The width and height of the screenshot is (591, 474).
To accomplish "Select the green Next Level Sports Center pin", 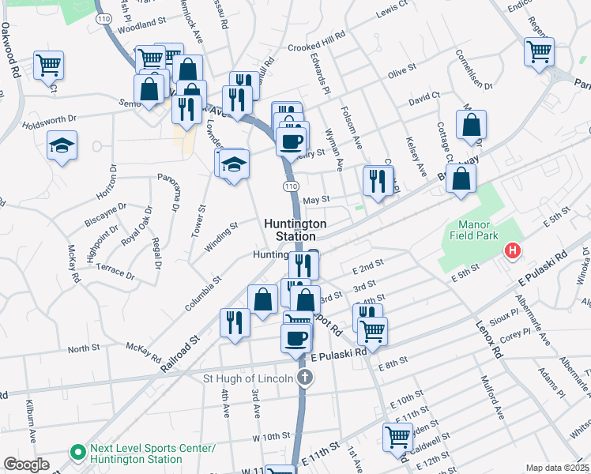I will (x=78, y=453).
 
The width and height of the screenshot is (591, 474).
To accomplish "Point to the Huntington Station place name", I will (x=290, y=230).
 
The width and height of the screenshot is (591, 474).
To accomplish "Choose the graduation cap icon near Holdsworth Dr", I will (x=62, y=146).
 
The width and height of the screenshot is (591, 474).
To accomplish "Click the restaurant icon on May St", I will (x=378, y=181).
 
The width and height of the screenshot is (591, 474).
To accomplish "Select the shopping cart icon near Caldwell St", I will (x=397, y=435).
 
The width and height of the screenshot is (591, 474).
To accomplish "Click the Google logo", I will (x=27, y=464).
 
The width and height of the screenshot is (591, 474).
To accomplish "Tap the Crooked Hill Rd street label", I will (x=318, y=41).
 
